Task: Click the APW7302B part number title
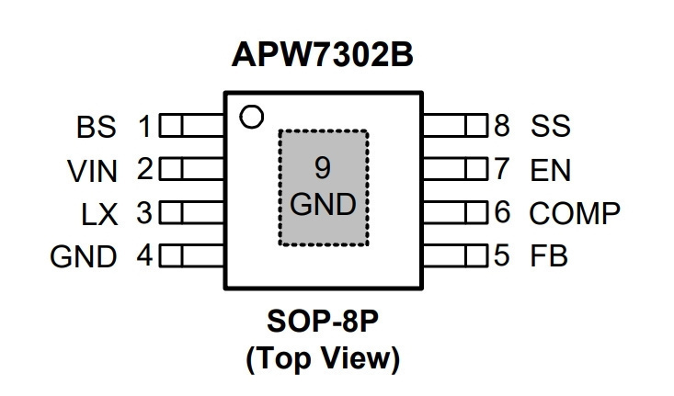click(322, 54)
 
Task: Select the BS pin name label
click(97, 127)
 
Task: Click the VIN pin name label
click(93, 171)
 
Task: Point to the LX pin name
click(99, 214)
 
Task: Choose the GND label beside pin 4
click(84, 257)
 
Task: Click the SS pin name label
click(551, 125)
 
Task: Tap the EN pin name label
click(551, 170)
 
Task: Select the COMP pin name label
click(575, 213)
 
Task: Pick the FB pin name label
click(549, 255)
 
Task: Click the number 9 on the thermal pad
click(323, 168)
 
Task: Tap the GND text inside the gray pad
click(323, 204)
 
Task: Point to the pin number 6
click(502, 211)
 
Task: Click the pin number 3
click(144, 212)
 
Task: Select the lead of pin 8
click(455, 125)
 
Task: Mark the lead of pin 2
click(191, 168)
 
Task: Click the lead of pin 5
click(455, 255)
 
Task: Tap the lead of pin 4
click(191, 255)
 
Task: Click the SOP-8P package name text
click(323, 322)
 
